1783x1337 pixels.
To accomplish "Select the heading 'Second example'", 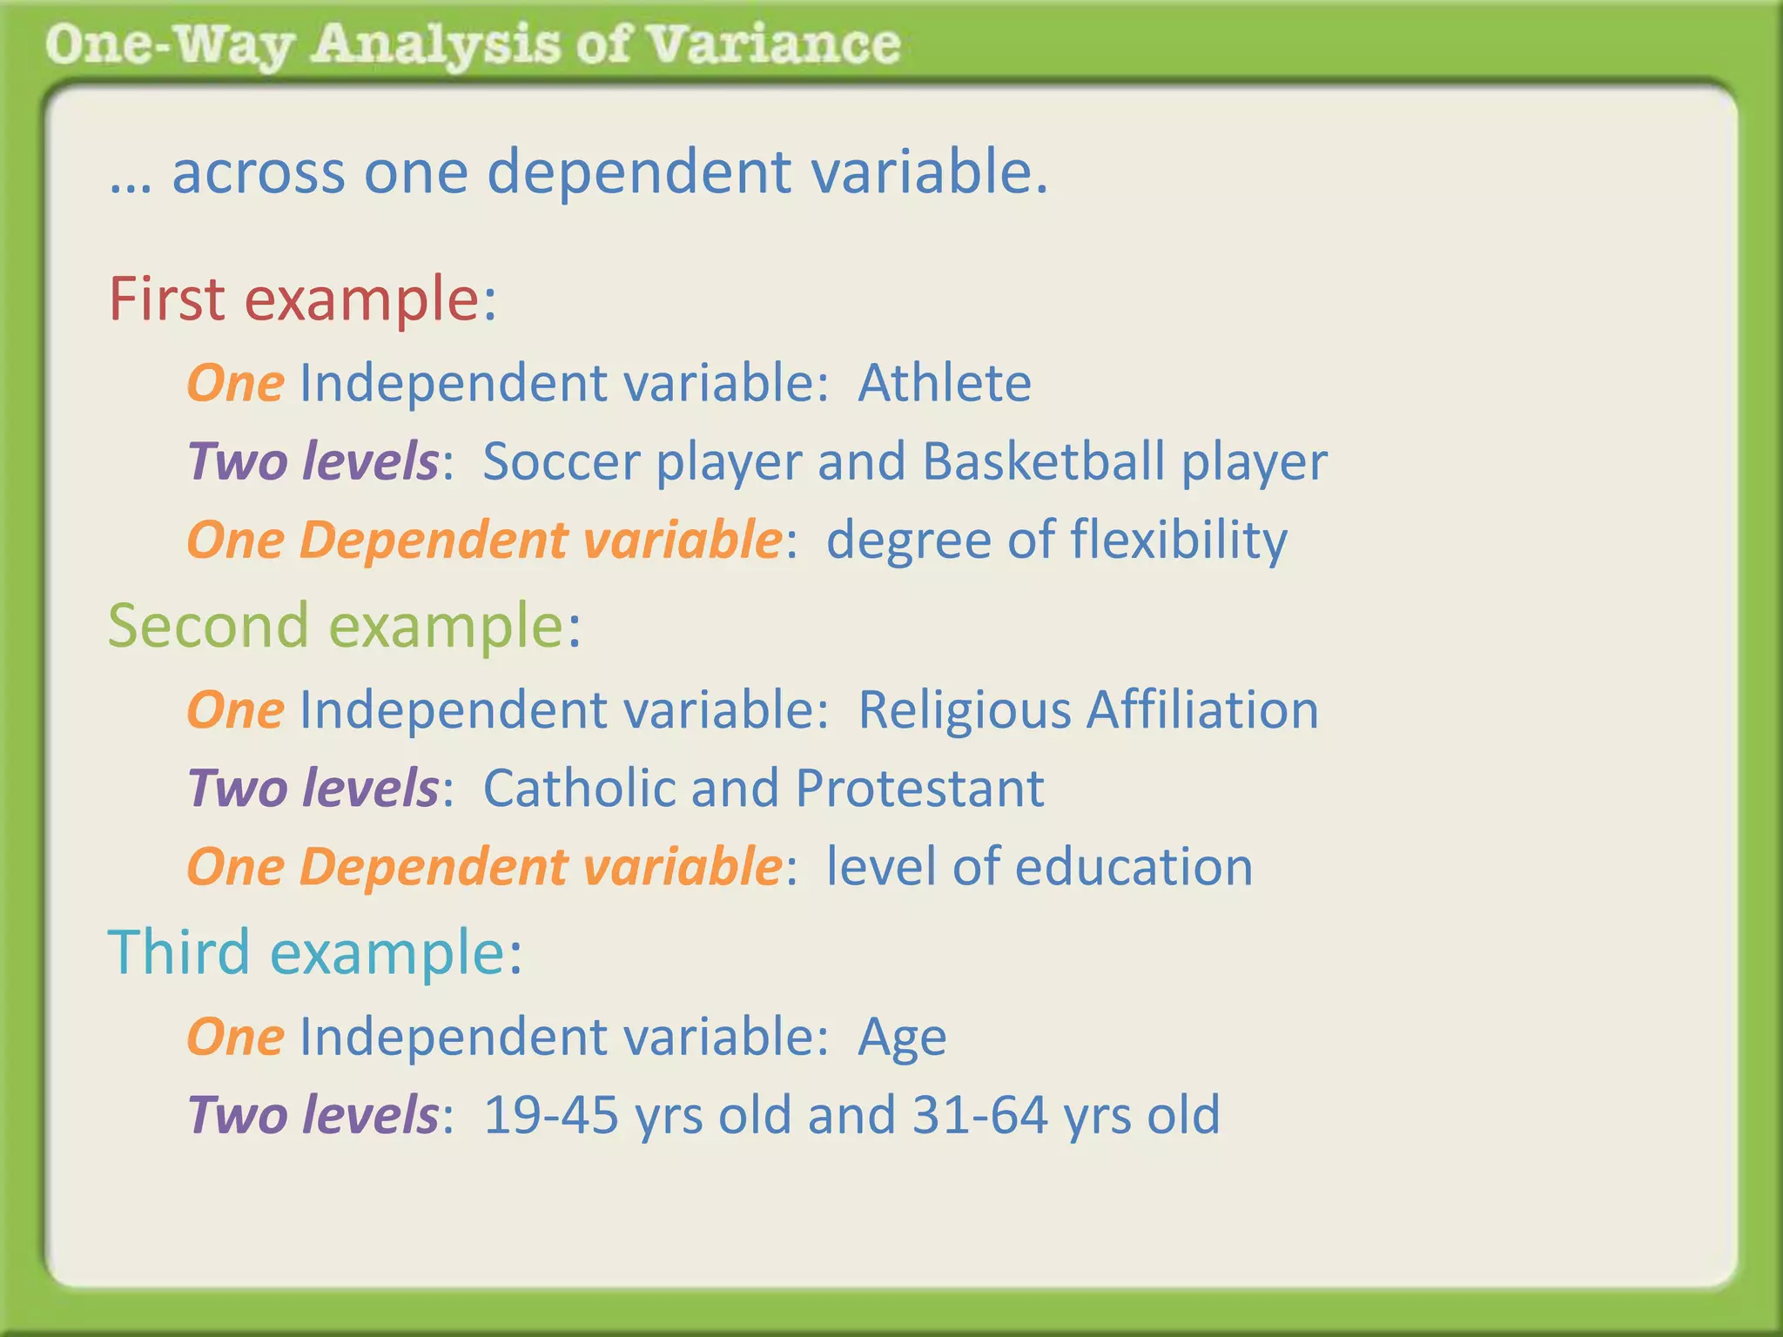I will pos(344,626).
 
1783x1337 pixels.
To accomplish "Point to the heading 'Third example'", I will pos(314,952).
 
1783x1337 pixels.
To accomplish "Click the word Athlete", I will pos(945,383).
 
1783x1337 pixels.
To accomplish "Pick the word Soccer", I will pos(561,461).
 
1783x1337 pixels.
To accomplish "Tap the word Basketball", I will pos(1043,461).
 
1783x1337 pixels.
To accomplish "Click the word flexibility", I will pos(1179,541).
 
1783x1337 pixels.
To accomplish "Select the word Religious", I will pos(965,709).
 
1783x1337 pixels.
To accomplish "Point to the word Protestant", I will pos(919,788).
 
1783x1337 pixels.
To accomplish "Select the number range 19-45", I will pos(550,1115).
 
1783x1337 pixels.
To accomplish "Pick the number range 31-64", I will pos(979,1115).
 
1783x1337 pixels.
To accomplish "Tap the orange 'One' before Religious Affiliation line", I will pos(235,709).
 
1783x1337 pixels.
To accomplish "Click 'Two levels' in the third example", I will pos(313,1115).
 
